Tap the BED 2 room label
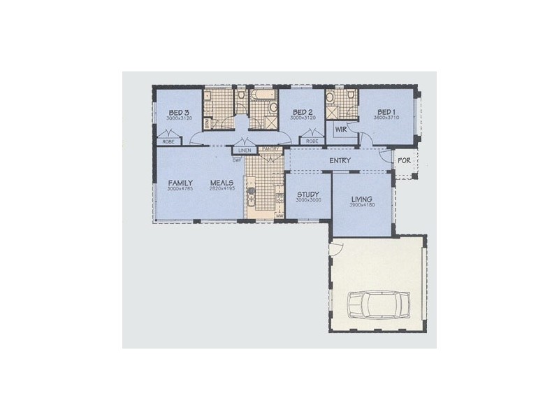coord(303,113)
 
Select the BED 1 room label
coord(386,113)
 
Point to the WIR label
coord(342,129)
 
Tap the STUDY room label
coord(308,194)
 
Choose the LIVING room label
coord(362,199)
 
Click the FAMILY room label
coord(180,183)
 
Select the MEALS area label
coord(223,183)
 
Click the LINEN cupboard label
coord(245,150)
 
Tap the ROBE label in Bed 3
coord(168,141)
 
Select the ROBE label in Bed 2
coord(312,141)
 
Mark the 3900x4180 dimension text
coord(362,205)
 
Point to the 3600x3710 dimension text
coord(386,118)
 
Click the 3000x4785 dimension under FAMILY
coord(180,190)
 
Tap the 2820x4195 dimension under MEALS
coord(223,190)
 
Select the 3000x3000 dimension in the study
coord(308,200)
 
